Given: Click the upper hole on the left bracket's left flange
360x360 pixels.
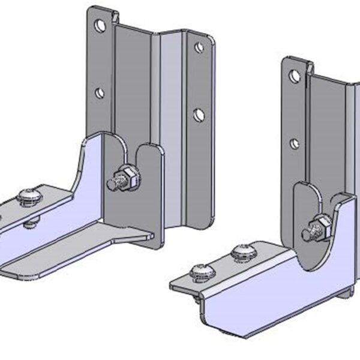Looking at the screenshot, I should click(100, 25).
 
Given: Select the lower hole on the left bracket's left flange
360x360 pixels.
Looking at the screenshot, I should click(100, 93).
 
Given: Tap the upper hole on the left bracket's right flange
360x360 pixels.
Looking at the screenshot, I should click(199, 47).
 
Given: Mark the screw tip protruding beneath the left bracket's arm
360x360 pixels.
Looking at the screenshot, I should click(31, 224).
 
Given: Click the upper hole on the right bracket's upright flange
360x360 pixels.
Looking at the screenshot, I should click(294, 76).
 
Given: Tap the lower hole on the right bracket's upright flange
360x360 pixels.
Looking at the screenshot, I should click(295, 144).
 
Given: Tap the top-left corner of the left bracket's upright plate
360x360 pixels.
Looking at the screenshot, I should click(90, 8).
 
